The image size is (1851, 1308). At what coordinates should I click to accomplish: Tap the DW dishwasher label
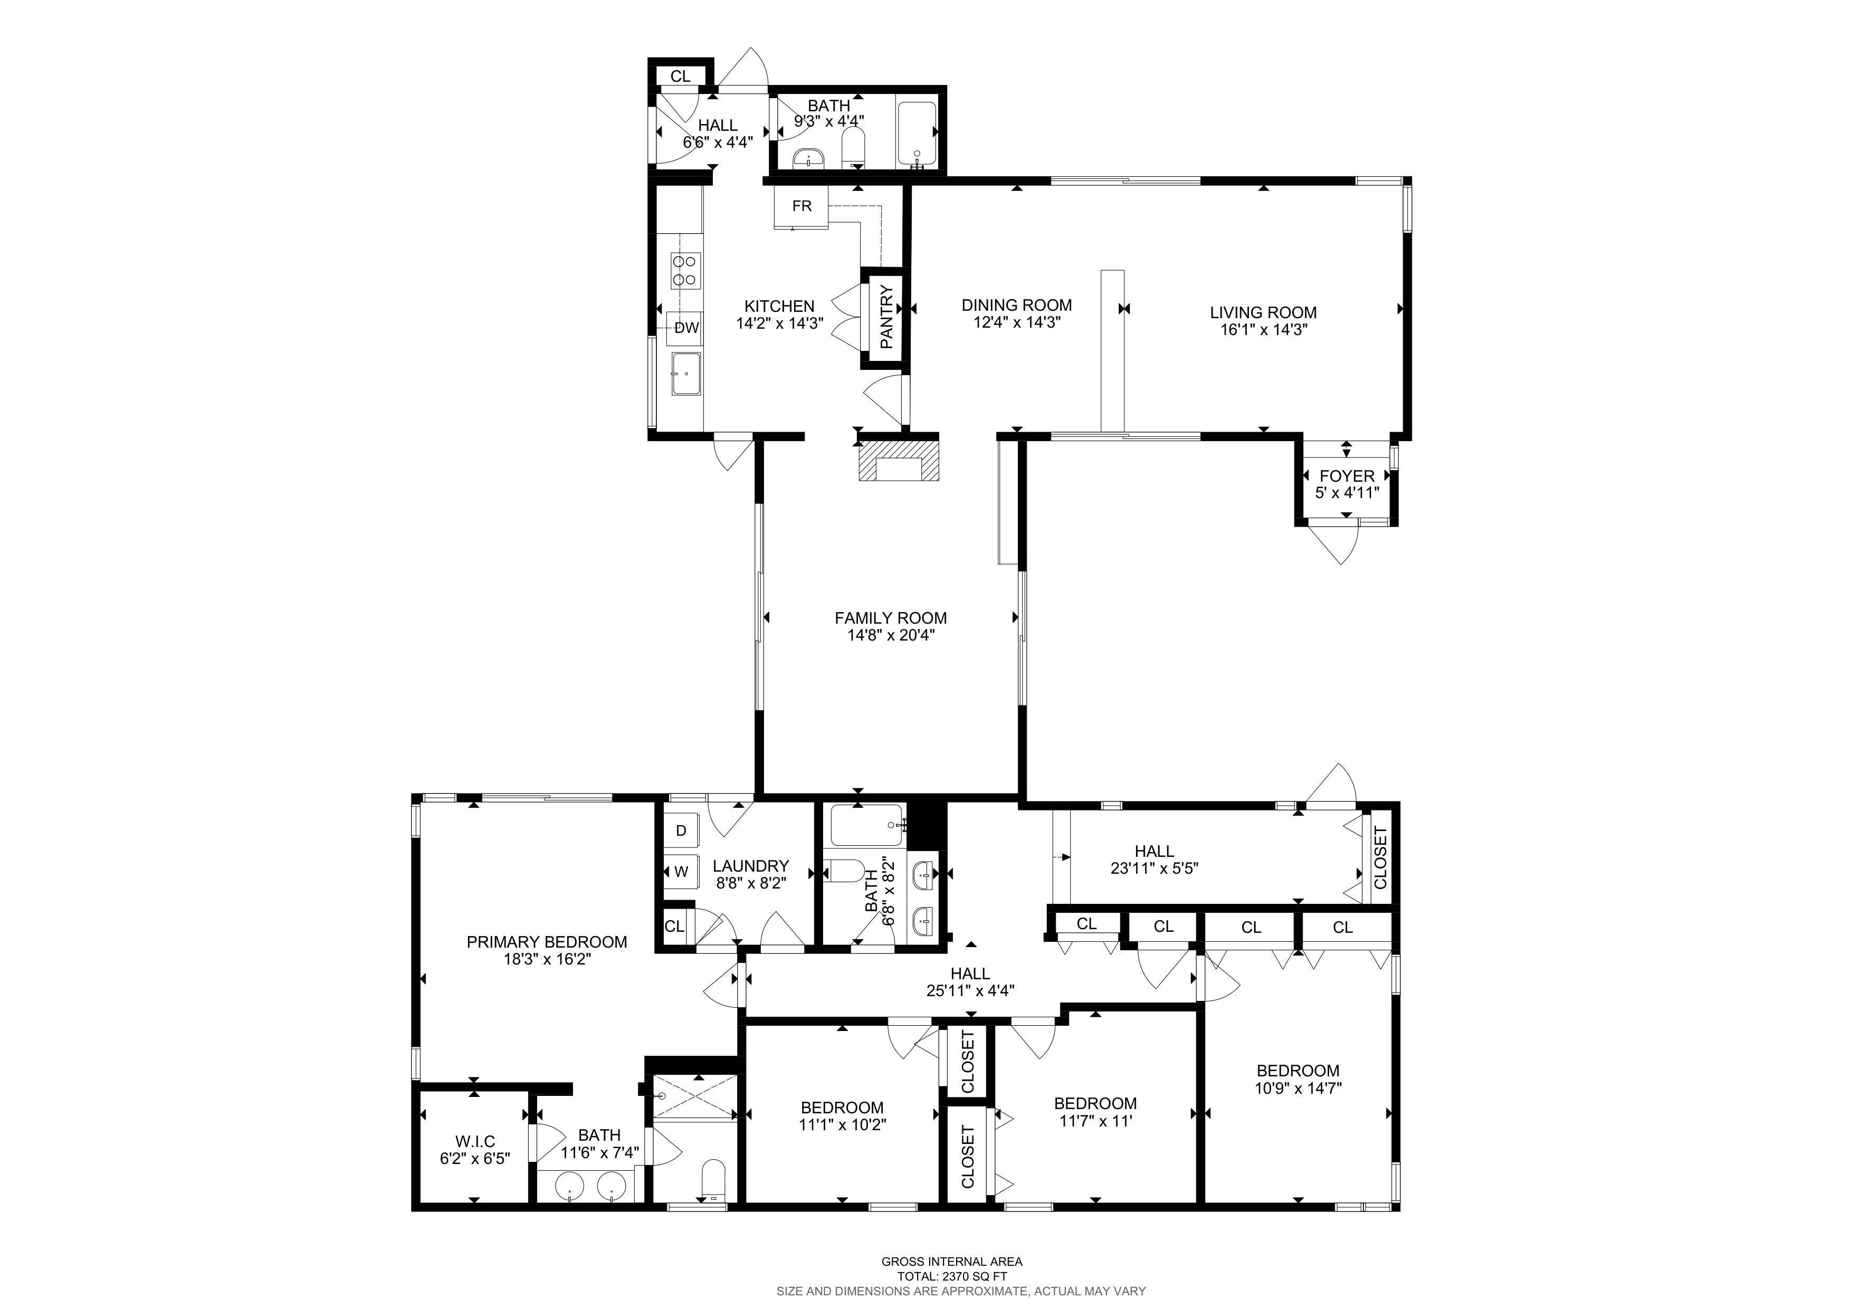pyautogui.click(x=686, y=328)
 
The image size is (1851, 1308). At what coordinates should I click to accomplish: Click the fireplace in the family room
pyautogui.click(x=898, y=458)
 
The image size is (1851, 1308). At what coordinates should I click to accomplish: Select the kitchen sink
pyautogui.click(x=685, y=374)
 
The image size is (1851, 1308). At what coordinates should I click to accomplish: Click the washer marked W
pyautogui.click(x=681, y=871)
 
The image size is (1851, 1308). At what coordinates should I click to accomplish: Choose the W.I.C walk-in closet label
pyautogui.click(x=475, y=1141)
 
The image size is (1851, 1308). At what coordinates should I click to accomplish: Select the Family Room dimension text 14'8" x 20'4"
pyautogui.click(x=890, y=635)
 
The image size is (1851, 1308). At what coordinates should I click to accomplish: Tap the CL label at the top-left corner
pyautogui.click(x=681, y=77)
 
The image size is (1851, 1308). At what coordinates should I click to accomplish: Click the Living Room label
pyautogui.click(x=1263, y=313)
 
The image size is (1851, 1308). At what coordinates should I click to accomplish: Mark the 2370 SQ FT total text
pyautogui.click(x=952, y=1276)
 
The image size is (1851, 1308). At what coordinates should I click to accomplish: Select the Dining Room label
pyautogui.click(x=1017, y=304)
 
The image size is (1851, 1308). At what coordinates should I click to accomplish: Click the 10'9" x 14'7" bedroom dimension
pyautogui.click(x=1298, y=1088)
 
